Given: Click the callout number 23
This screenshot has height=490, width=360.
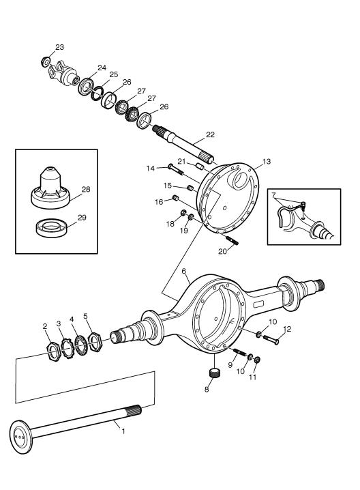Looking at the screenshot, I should (60, 47).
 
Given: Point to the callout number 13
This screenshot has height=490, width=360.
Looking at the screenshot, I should (267, 162).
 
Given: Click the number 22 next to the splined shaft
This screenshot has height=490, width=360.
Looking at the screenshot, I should (210, 135).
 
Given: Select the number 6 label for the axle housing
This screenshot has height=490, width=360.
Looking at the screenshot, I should (183, 271).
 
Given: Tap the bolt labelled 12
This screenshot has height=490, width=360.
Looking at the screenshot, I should (269, 337).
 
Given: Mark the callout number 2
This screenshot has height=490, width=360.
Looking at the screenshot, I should (46, 326).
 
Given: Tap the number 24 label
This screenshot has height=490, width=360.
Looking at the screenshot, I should (102, 68).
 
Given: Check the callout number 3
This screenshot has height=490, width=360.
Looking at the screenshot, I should (59, 322).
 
